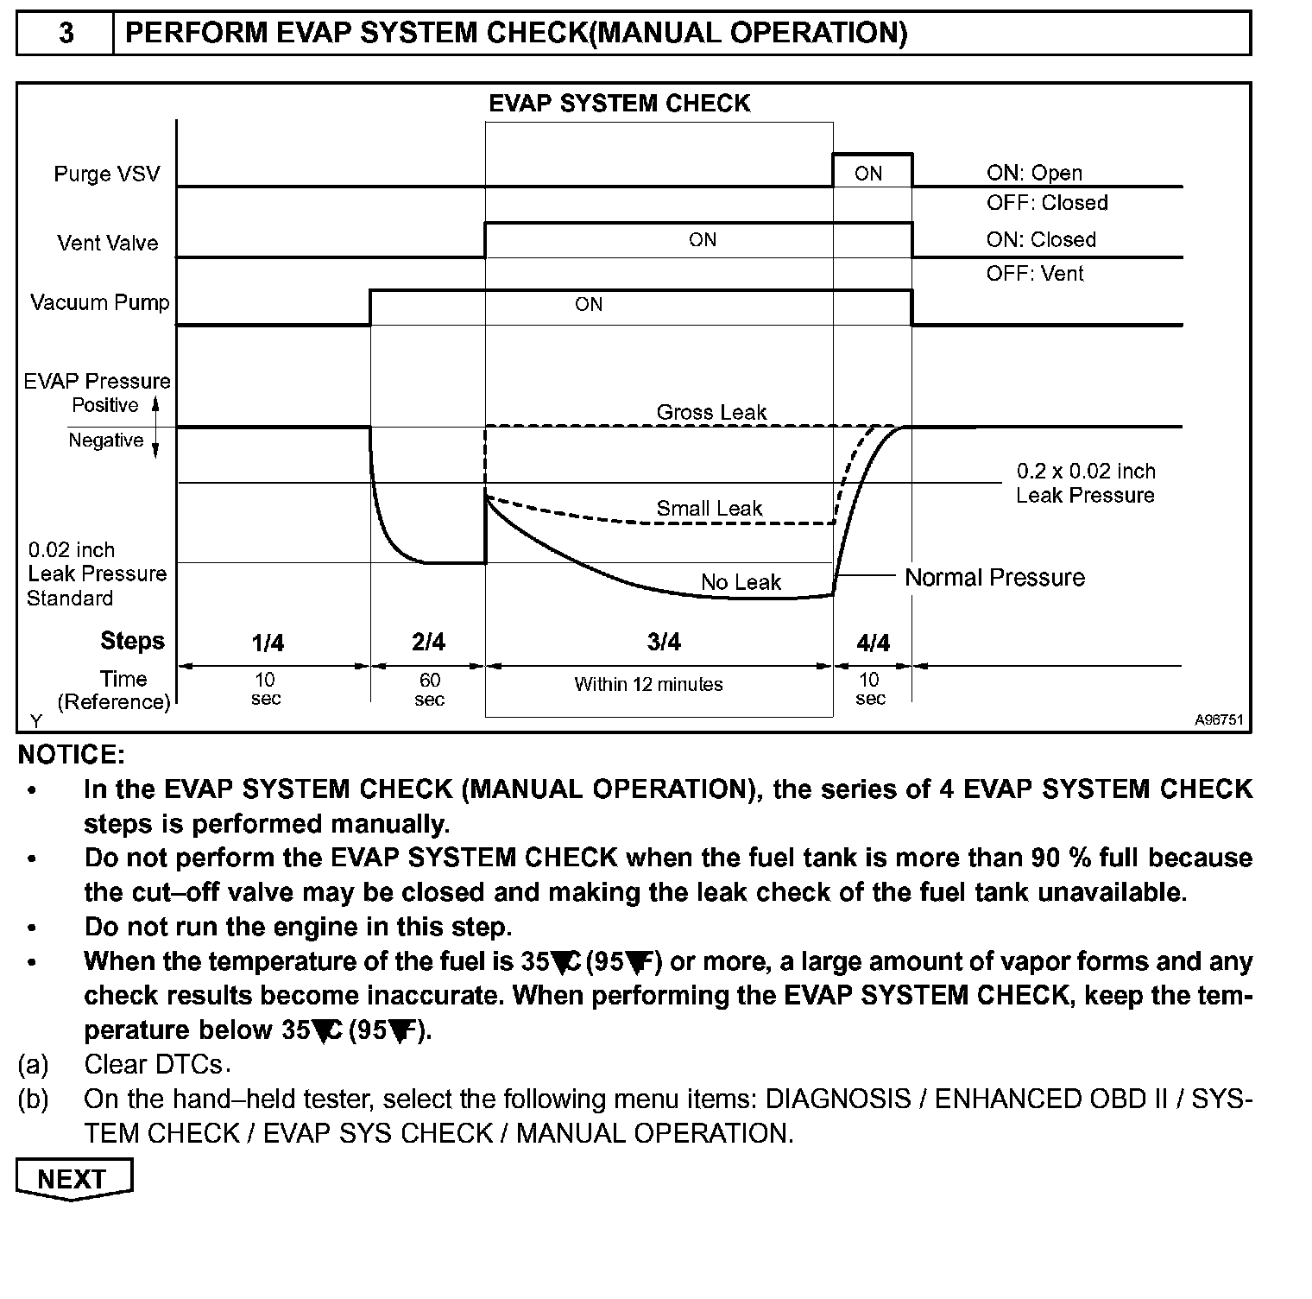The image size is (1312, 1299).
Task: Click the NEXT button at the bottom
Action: click(x=73, y=1179)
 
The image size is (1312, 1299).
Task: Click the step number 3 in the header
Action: click(x=66, y=33)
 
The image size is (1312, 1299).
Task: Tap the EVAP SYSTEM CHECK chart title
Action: click(x=619, y=104)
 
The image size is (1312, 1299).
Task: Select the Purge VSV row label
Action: click(x=107, y=174)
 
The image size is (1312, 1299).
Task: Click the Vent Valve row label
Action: click(x=108, y=243)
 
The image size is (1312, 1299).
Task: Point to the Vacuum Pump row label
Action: click(x=100, y=303)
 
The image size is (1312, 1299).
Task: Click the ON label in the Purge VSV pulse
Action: click(x=868, y=174)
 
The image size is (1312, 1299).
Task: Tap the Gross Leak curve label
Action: click(x=711, y=413)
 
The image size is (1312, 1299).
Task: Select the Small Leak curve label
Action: click(x=709, y=509)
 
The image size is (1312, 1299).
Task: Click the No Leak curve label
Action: click(x=741, y=582)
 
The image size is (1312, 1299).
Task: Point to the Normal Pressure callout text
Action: click(x=994, y=577)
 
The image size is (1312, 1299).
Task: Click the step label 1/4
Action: click(x=268, y=643)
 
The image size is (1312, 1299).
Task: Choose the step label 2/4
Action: click(x=428, y=643)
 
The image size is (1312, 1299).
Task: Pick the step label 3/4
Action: click(x=663, y=642)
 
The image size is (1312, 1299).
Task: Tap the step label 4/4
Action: click(x=873, y=643)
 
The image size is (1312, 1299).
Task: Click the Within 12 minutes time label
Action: click(x=648, y=684)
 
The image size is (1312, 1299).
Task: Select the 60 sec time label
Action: click(x=430, y=689)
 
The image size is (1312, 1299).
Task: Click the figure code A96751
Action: click(x=1219, y=719)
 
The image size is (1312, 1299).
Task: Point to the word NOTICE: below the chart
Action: click(x=72, y=755)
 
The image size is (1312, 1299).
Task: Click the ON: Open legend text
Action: click(x=1034, y=173)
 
